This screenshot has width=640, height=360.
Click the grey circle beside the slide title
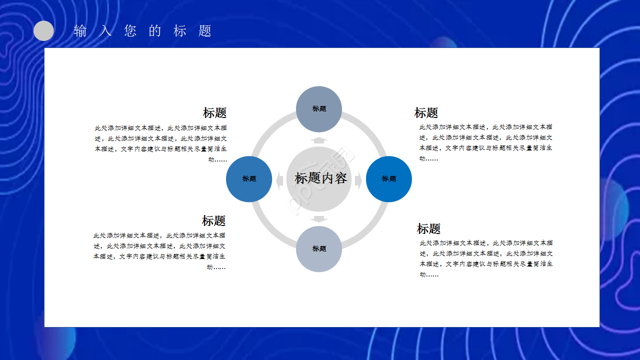coord(43,31)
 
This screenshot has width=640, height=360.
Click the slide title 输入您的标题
coord(143,31)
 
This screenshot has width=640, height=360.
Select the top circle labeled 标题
coord(319,109)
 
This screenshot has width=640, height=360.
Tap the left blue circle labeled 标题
coord(249,179)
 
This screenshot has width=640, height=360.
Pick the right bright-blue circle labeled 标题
coord(389,179)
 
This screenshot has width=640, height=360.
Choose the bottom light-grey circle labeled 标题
coord(319,249)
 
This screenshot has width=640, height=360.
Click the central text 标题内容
coord(320,178)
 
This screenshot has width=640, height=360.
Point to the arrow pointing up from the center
coord(319,140)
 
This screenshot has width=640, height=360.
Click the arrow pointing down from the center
coord(319,218)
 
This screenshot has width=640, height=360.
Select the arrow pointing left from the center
coord(280,180)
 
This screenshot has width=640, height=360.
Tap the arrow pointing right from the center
coord(358,180)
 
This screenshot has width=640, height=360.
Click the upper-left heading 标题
coord(214,113)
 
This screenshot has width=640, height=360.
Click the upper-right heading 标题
coord(426,113)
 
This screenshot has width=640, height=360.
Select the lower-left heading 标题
coord(213,221)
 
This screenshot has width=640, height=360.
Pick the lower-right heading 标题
coord(428,229)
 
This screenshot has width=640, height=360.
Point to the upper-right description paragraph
coord(485,143)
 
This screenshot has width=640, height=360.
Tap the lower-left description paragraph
coord(159,251)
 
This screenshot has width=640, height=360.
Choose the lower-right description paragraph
coord(486,258)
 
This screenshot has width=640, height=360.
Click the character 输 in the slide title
coord(80,31)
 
